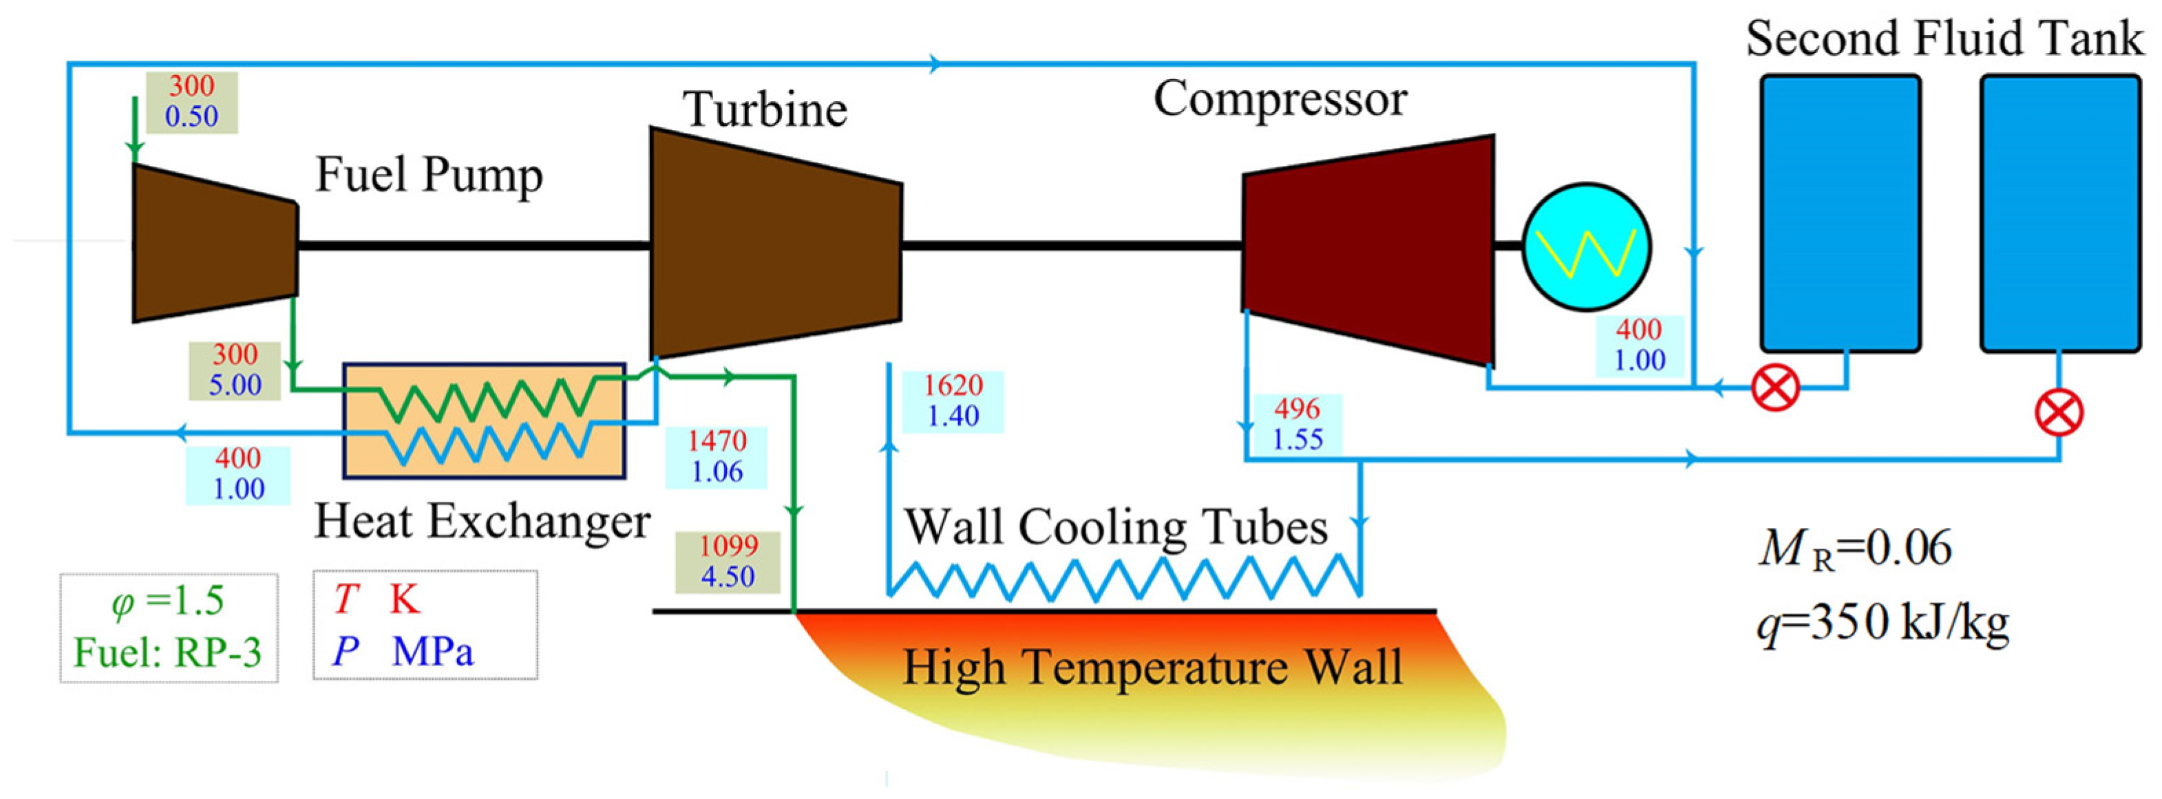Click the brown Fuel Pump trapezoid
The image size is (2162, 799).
click(215, 244)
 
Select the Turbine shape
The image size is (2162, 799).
click(776, 244)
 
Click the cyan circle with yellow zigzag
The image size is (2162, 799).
click(1587, 247)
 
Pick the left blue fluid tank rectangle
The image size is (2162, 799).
click(1840, 213)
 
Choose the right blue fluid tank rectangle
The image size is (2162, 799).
click(2060, 213)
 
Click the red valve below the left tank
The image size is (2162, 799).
click(1776, 387)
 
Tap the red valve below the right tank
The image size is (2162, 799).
click(2059, 414)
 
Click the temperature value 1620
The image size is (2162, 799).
click(953, 385)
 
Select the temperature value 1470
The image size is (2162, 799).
click(716, 440)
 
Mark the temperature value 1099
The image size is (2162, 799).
click(728, 546)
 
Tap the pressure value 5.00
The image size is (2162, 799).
click(235, 385)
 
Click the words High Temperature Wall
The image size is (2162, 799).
click(1152, 668)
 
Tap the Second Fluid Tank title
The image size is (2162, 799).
click(1944, 39)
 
